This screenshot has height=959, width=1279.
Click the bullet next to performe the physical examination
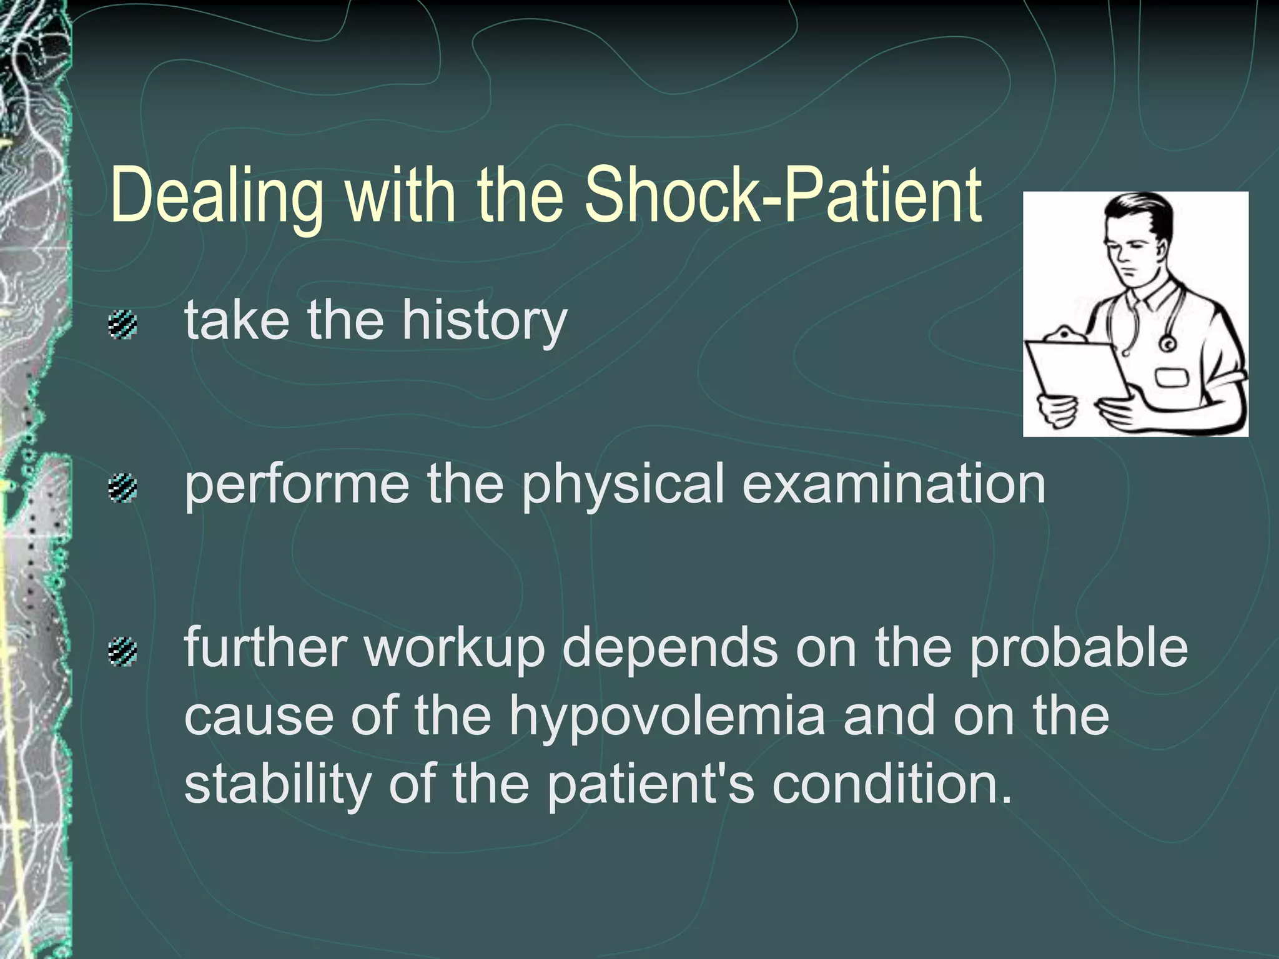pos(122,488)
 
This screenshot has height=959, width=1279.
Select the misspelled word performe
pos(297,486)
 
